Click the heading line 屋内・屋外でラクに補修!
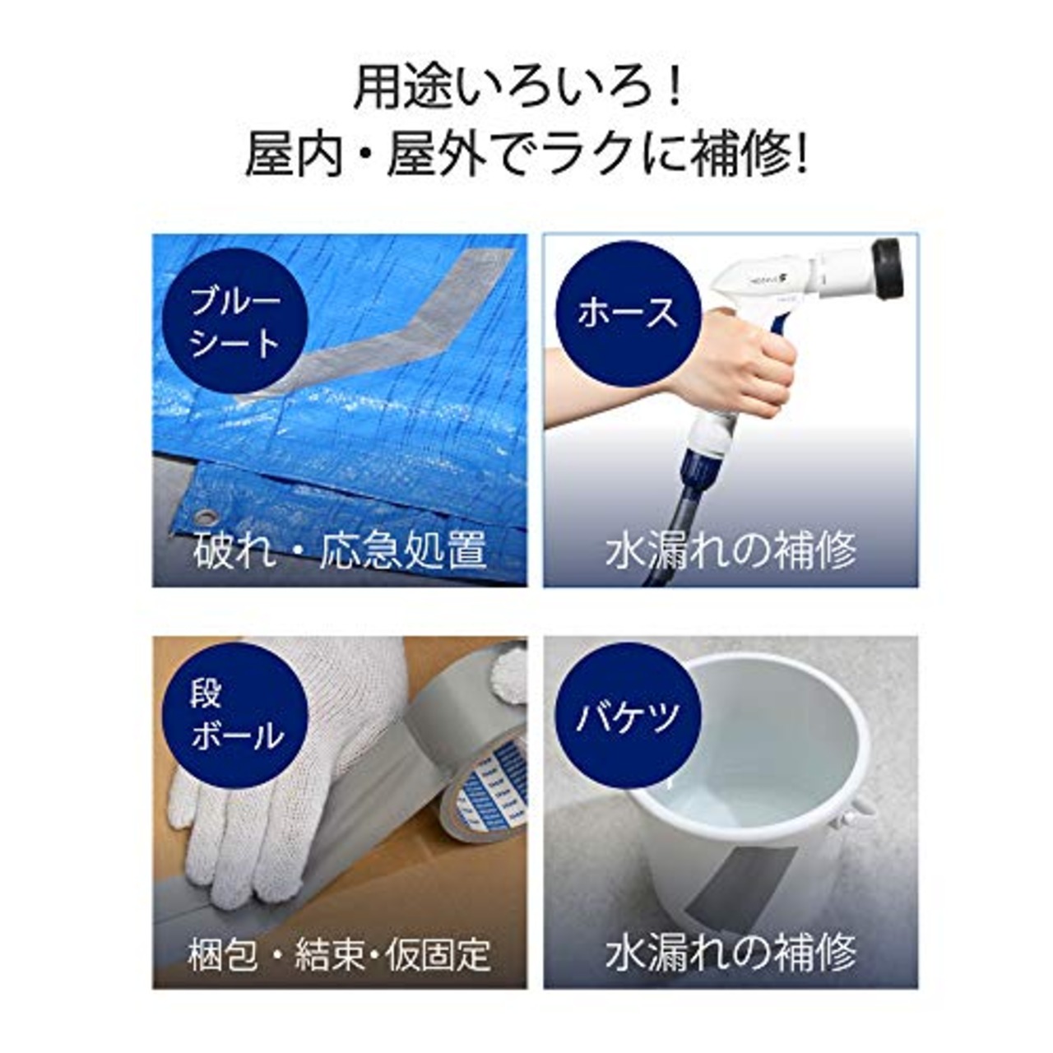(526, 155)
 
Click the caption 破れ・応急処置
(340, 550)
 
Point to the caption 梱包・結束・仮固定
(340, 954)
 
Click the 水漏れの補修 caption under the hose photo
(731, 550)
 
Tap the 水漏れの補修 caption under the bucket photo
(731, 954)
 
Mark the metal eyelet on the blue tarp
(206, 517)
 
